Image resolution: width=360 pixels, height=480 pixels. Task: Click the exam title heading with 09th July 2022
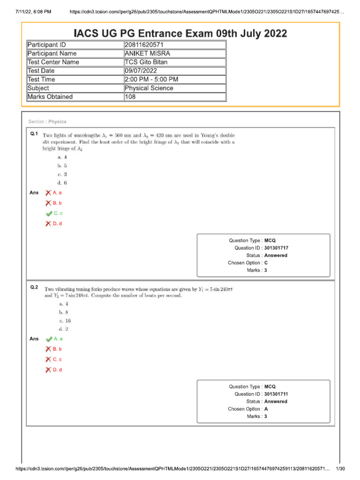[180, 33]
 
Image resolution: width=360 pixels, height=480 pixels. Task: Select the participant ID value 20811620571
[144, 45]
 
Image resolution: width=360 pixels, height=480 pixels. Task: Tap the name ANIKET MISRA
[147, 53]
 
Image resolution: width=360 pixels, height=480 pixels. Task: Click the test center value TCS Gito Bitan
[146, 62]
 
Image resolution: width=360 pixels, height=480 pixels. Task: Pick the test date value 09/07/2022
[140, 71]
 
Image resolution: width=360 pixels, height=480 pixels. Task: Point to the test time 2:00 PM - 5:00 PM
[151, 79]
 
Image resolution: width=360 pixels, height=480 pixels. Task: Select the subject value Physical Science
[149, 88]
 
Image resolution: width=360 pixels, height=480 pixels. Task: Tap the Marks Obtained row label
[50, 97]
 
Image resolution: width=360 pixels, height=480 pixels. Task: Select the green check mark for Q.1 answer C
[49, 213]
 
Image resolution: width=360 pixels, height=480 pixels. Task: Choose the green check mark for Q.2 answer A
[49, 338]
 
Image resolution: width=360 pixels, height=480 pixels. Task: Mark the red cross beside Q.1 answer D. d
[48, 224]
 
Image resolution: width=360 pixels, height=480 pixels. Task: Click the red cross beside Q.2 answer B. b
[48, 349]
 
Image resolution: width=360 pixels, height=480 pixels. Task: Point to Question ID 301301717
[276, 248]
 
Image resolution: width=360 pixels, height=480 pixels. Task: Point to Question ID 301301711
[276, 394]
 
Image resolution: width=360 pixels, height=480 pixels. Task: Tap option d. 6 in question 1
[62, 183]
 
